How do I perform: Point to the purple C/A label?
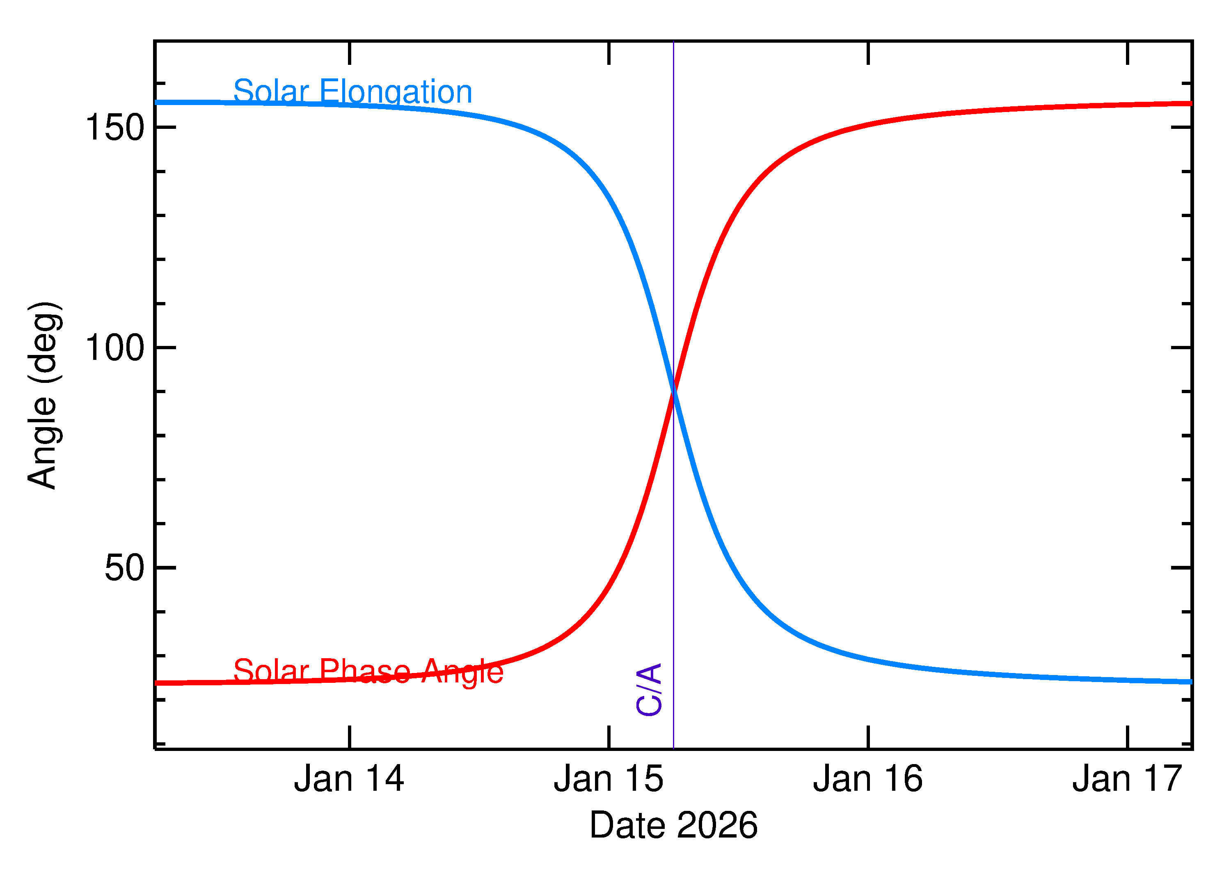click(649, 690)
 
